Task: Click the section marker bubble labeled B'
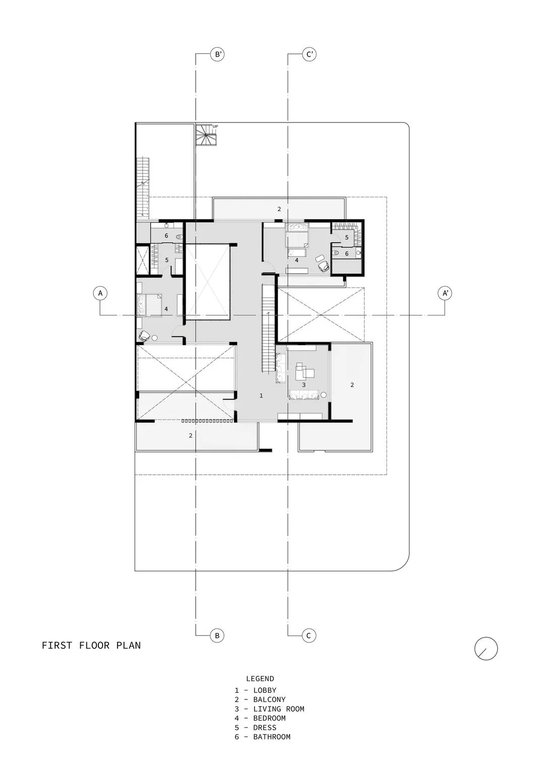[217, 54]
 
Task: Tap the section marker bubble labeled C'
[309, 54]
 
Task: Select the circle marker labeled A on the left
[100, 293]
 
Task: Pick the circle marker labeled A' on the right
[445, 293]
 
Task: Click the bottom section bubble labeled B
[217, 635]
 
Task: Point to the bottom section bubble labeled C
[309, 635]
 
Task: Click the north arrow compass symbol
[486, 649]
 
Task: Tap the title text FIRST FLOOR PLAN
[91, 645]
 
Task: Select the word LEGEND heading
[260, 679]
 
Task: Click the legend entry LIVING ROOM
[279, 709]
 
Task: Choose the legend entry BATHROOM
[271, 737]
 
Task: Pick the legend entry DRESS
[264, 728]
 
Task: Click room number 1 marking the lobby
[261, 396]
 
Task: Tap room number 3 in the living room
[303, 384]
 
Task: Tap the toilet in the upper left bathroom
[179, 236]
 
